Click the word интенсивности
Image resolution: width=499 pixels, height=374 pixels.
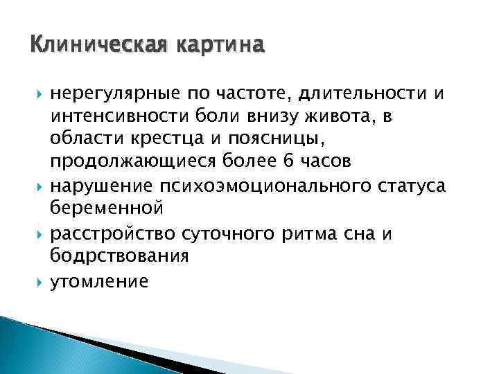point(114,116)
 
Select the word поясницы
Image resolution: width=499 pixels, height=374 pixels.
point(267,139)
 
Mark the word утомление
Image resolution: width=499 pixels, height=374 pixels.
point(99,280)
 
